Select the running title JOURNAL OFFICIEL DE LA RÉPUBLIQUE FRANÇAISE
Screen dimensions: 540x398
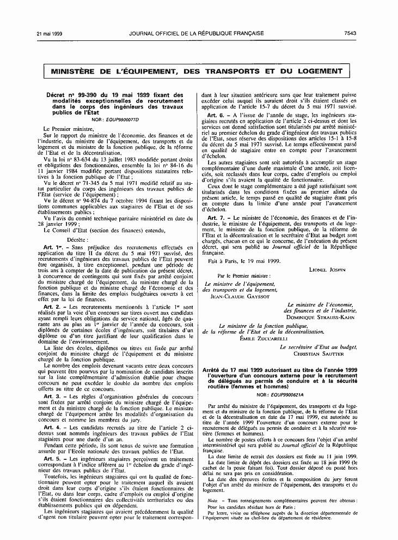coord(197,33)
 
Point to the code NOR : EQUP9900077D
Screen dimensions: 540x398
coord(116,119)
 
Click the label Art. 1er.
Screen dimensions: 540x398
coord(53,247)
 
